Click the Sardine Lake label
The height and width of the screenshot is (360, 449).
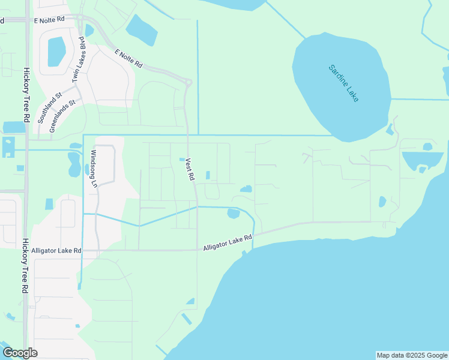click(343, 83)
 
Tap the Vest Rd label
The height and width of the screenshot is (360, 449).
click(190, 169)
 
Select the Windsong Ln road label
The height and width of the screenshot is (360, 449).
click(93, 169)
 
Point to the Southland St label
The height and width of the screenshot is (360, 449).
click(50, 108)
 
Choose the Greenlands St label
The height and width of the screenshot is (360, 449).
click(62, 116)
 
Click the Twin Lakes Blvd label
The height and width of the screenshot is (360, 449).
click(78, 59)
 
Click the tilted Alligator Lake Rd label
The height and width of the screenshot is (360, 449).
click(228, 242)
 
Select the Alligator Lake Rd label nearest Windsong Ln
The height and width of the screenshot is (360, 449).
click(56, 250)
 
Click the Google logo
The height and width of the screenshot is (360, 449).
click(20, 352)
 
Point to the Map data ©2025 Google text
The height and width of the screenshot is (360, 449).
click(412, 355)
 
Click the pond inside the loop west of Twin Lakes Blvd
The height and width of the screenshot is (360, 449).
click(56, 52)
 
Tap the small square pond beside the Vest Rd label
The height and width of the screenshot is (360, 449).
click(182, 159)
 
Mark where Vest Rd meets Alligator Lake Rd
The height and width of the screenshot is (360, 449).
click(197, 250)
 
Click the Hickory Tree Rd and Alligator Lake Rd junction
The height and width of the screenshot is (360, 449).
click(25, 250)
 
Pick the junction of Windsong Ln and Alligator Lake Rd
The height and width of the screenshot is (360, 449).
click(97, 250)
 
